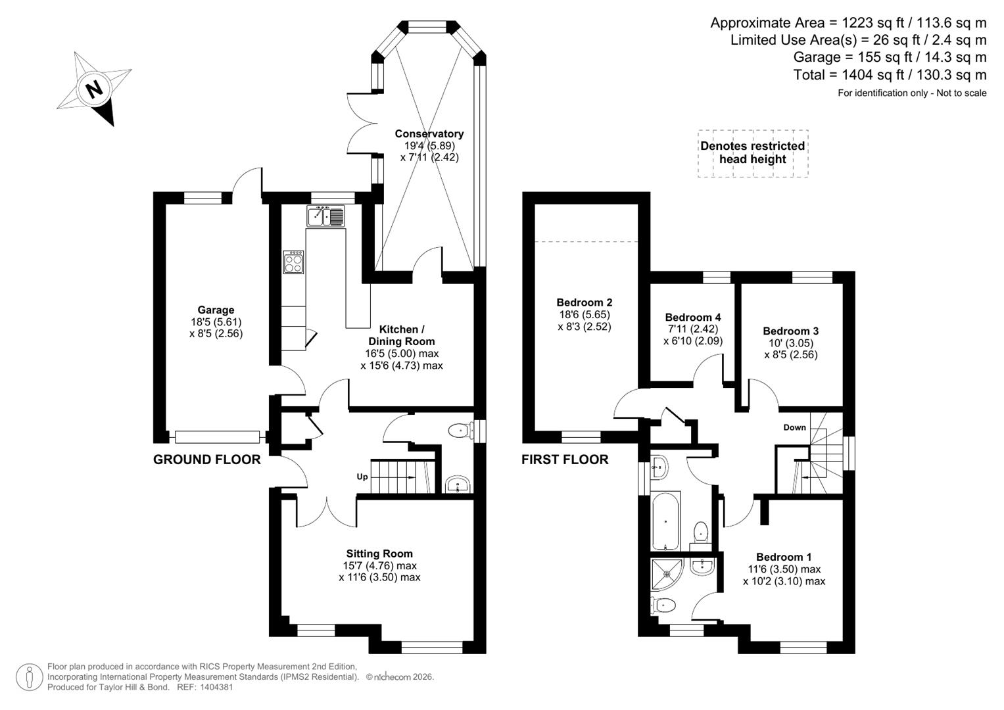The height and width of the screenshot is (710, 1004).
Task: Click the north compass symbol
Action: click(93, 89)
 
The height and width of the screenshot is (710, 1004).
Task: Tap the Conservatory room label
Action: click(429, 134)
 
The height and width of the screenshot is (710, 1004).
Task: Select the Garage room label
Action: click(216, 310)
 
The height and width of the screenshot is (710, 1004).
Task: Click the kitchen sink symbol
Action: click(325, 216)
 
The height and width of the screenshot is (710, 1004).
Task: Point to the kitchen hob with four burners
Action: click(293, 262)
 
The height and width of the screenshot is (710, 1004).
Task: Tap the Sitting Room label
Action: click(379, 554)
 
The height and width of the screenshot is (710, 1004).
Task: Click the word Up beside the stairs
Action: click(362, 477)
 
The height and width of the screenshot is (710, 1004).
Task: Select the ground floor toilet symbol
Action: click(460, 431)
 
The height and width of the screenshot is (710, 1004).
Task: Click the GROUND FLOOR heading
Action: click(206, 460)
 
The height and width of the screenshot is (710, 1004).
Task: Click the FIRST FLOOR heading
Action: click(565, 460)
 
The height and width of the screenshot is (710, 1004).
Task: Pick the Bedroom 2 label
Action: click(584, 302)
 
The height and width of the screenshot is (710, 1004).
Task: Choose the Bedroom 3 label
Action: click(790, 331)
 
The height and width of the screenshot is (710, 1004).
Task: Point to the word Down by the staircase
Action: click(794, 427)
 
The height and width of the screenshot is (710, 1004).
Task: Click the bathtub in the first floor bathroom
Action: click(666, 521)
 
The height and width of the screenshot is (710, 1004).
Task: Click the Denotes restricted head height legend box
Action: click(752, 153)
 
